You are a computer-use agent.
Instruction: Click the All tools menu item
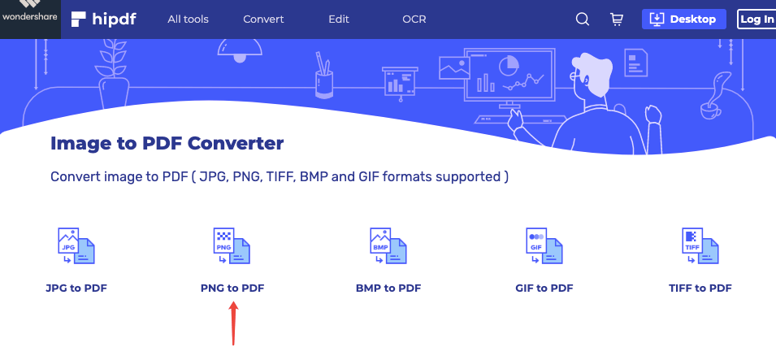[188, 20]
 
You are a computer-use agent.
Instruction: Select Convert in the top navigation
[263, 20]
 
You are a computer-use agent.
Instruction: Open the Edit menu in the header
[339, 20]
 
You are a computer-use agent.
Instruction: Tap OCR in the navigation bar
[414, 20]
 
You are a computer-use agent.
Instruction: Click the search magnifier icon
[583, 20]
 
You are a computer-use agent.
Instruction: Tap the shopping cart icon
[616, 20]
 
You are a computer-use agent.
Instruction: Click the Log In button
[756, 20]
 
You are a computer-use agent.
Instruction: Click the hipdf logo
[103, 19]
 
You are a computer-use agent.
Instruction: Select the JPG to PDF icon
[76, 245]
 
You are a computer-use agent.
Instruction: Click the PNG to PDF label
[232, 288]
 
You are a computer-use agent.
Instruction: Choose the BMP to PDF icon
[388, 245]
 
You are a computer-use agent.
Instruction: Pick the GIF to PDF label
[544, 288]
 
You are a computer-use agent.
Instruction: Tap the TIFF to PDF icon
[700, 245]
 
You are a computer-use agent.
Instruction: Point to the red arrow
[233, 324]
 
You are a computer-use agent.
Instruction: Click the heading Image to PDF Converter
[167, 143]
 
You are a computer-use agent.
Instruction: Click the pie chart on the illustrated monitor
[509, 66]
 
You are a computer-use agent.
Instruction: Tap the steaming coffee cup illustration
[711, 98]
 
